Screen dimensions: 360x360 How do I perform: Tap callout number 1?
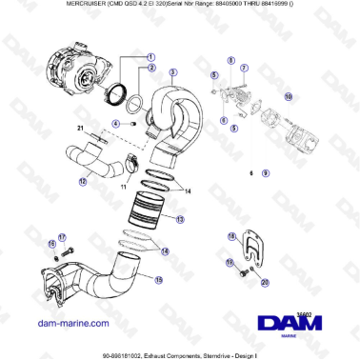[x=150, y=56]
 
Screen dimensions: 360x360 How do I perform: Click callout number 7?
[x=244, y=70]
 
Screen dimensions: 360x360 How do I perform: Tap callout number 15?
[x=158, y=280]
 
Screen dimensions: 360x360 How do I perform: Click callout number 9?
[x=265, y=174]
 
